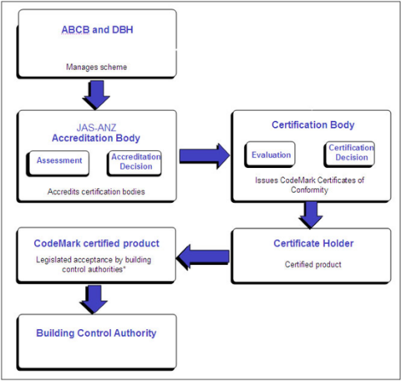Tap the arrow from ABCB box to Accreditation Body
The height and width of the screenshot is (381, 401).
point(96,93)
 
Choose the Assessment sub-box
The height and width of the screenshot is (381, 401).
point(58,160)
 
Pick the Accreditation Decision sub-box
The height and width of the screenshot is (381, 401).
point(134,160)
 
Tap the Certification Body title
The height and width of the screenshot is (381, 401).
point(313,124)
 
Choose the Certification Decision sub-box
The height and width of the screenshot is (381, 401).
point(350,154)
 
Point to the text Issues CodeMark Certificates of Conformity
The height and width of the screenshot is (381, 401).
point(312,184)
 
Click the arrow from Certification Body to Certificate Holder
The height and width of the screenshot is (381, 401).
point(312,216)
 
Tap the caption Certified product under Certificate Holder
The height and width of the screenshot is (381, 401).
point(312,265)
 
